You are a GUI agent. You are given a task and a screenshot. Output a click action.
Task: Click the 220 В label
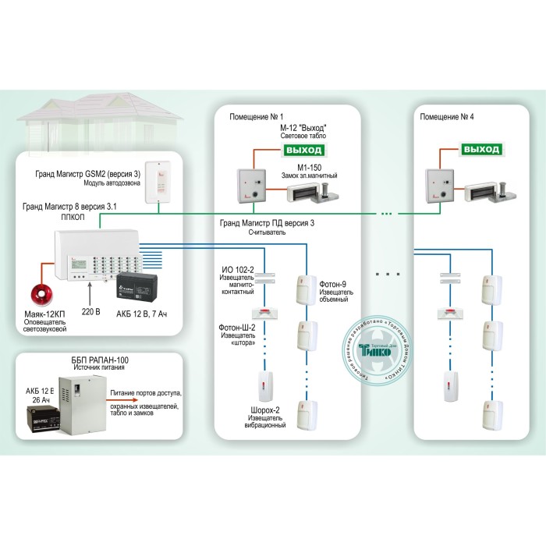pyautogui.click(x=93, y=314)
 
